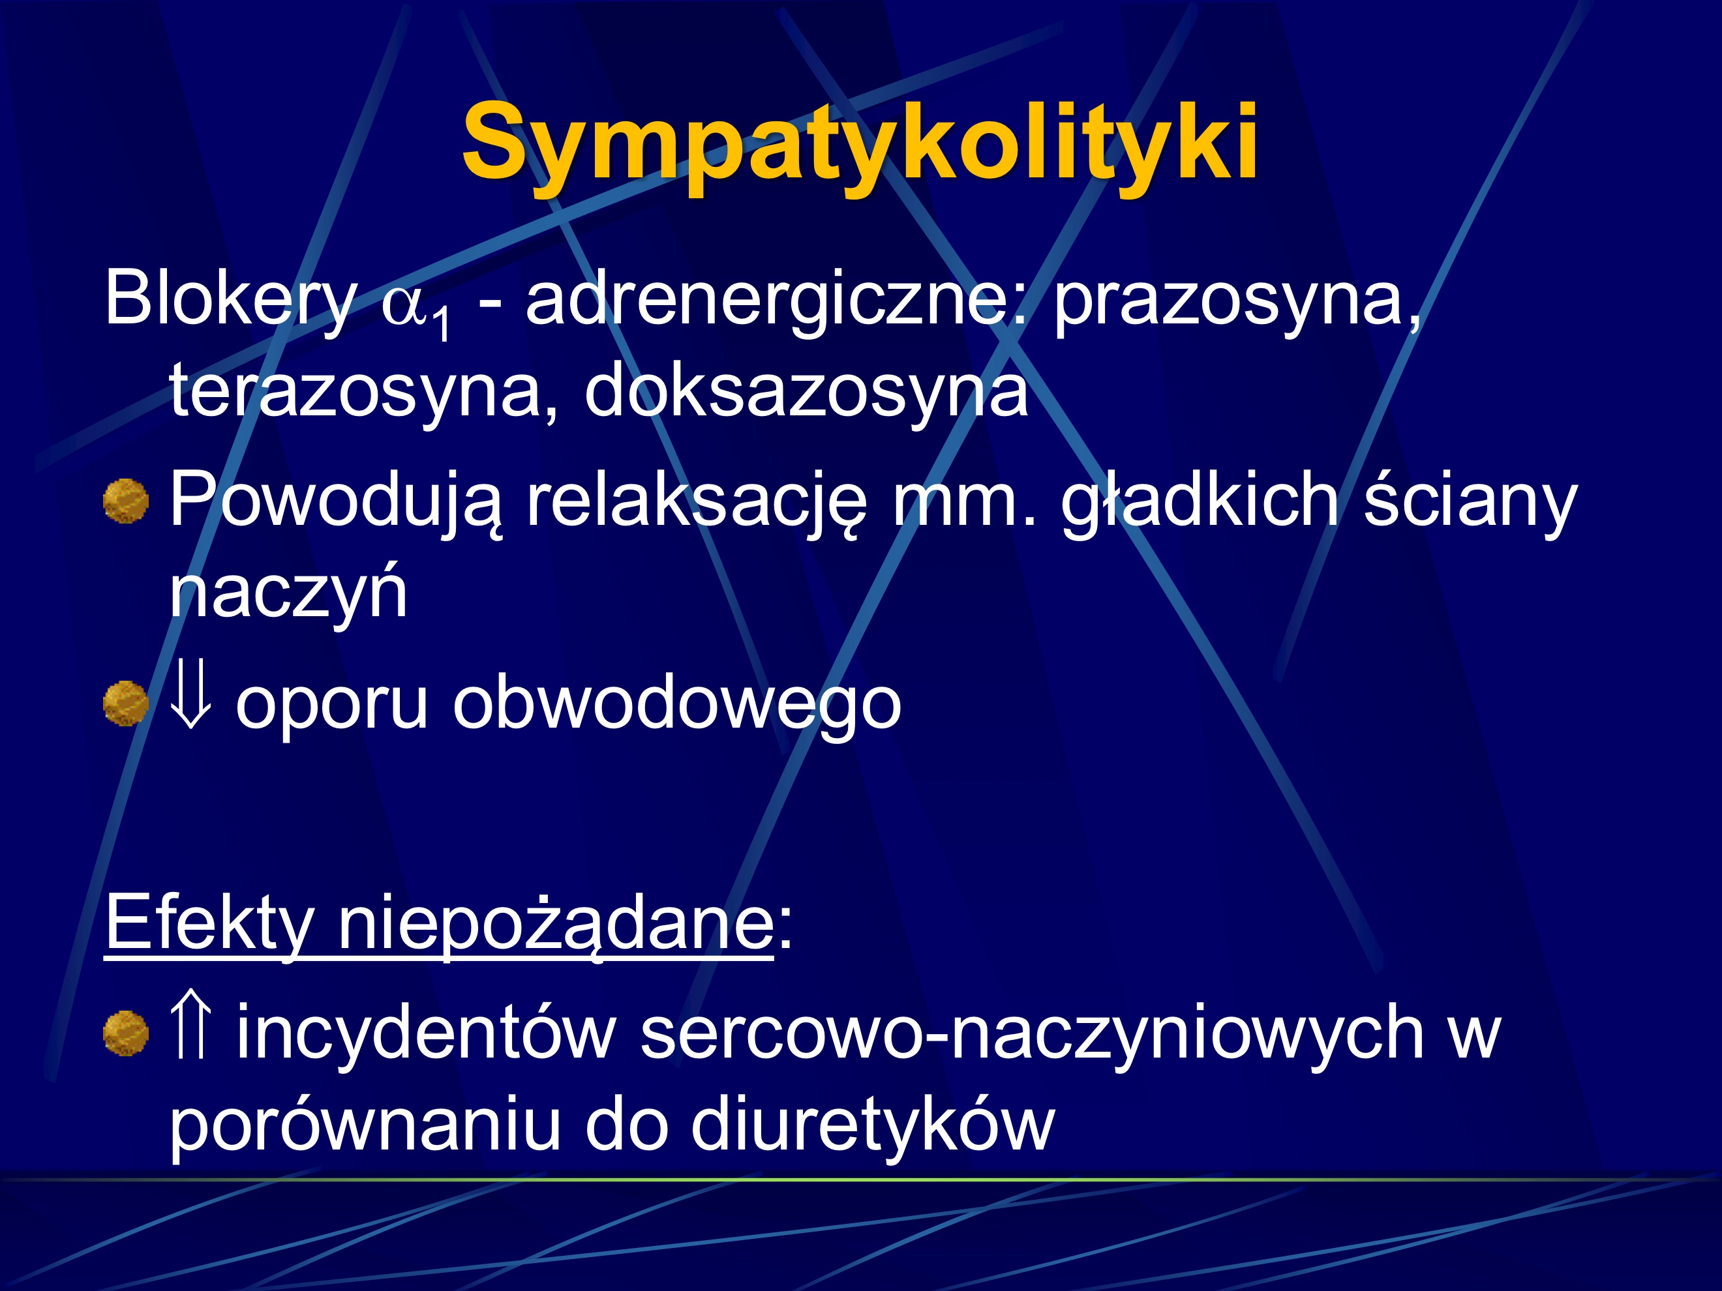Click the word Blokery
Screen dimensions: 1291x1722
click(x=230, y=298)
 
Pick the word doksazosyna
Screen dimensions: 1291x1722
click(x=806, y=390)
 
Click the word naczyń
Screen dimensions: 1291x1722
click(x=288, y=591)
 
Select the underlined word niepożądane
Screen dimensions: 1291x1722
click(x=555, y=925)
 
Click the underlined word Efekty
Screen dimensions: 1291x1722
click(x=209, y=925)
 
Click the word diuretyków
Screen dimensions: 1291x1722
click(x=871, y=1125)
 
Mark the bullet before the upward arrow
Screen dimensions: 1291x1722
click(x=126, y=1033)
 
